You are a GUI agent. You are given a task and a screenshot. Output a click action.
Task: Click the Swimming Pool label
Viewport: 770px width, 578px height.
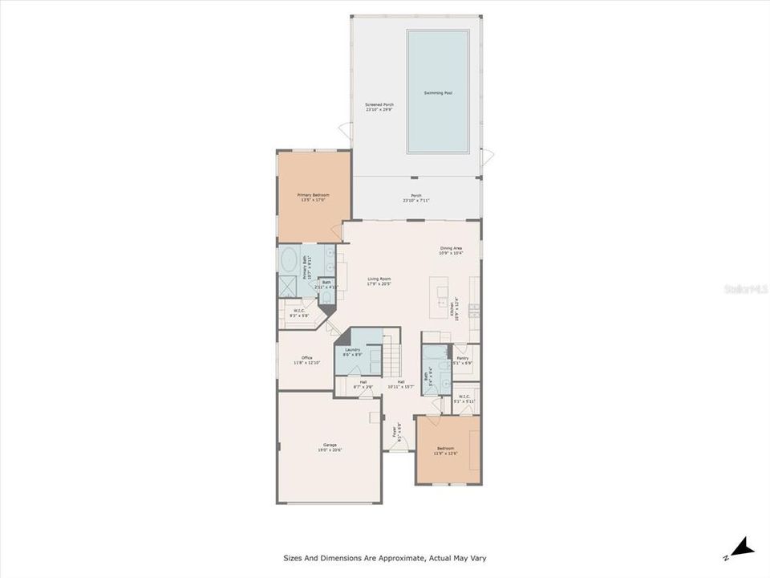pos(437,93)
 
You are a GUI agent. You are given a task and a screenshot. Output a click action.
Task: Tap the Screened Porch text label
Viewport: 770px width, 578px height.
pos(379,105)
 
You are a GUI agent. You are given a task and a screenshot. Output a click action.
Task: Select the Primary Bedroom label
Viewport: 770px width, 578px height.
pos(313,195)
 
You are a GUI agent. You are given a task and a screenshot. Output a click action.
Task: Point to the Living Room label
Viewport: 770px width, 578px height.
pos(379,279)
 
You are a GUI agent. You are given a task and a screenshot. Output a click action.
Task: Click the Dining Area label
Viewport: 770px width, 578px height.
pos(451,249)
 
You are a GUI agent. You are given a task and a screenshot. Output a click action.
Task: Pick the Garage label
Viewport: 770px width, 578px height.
pos(330,445)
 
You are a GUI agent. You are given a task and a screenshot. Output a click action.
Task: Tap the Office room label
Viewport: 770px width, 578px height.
pos(307,357)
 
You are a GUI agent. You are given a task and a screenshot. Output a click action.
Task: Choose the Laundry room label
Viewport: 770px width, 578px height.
pos(352,350)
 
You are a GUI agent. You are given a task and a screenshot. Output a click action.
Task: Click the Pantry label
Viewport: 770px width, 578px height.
pos(463,359)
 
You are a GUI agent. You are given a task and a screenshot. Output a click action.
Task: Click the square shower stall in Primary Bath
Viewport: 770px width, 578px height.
pos(288,287)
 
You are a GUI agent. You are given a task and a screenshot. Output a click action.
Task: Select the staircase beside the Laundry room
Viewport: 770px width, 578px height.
pos(389,353)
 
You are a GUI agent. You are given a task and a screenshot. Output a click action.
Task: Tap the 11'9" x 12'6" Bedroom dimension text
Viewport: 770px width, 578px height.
pos(445,454)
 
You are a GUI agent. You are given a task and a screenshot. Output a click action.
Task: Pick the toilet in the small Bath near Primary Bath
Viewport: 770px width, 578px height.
pos(326,297)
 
